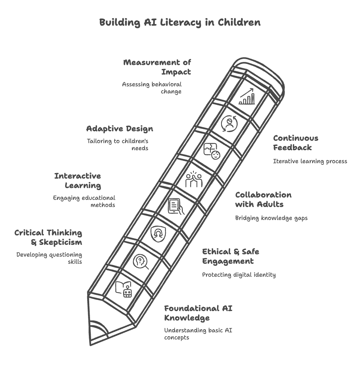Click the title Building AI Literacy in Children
tap(180, 22)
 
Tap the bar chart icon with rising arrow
tap(247, 97)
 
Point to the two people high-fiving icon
tap(193, 179)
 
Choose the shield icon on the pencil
tap(158, 234)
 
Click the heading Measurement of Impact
tap(157, 67)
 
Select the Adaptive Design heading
tap(120, 129)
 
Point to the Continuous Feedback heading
tap(296, 143)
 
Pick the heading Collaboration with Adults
tap(263, 199)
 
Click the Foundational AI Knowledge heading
tap(198, 313)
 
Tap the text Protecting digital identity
tap(239, 275)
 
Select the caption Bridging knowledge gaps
tap(271, 218)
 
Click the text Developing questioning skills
tap(49, 258)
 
